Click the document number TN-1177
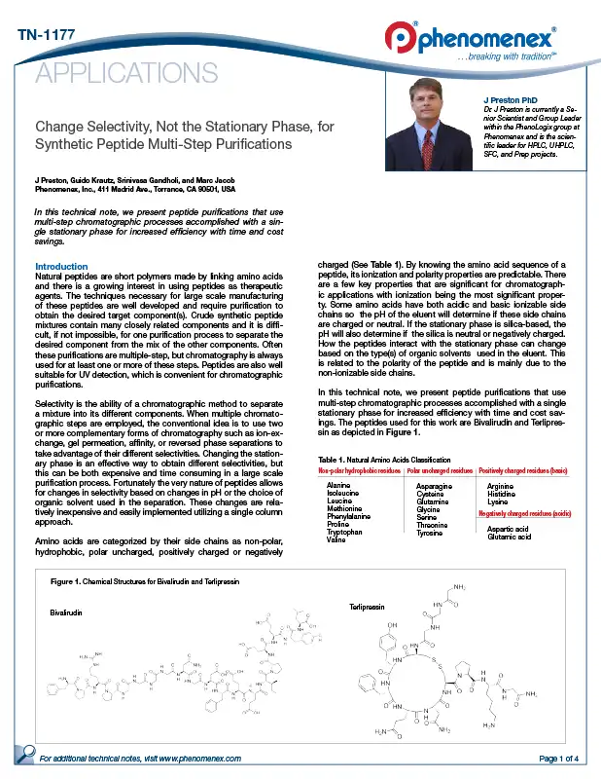pos(47,36)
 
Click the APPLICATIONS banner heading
pos(126,73)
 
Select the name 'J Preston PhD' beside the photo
pos(511,101)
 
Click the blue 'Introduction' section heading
pos(61,267)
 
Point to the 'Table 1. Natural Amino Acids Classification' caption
pos(384,459)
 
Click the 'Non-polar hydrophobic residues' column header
pos(360,470)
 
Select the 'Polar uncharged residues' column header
pos(440,470)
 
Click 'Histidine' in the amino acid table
pos(502,492)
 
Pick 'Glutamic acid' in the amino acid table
pos(511,537)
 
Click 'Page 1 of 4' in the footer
pos(558,758)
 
